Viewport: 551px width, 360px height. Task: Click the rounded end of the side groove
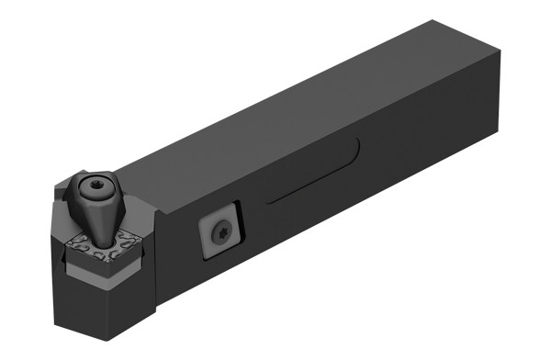click(354, 148)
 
